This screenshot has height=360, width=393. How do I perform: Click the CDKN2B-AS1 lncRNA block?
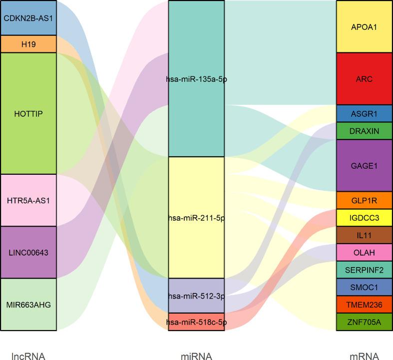click(28, 18)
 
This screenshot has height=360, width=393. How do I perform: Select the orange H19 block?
click(28, 44)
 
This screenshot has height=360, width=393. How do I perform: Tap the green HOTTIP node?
click(28, 113)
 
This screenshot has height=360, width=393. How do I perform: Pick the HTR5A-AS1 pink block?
click(28, 200)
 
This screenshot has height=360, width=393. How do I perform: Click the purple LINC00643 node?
click(28, 252)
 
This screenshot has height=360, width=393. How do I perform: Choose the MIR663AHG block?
click(28, 304)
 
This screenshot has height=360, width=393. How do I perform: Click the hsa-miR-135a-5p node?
click(196, 79)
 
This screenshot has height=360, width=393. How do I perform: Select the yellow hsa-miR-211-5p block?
click(196, 218)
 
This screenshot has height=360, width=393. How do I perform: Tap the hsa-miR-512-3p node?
click(196, 296)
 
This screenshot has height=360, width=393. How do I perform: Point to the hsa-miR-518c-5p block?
click(196, 322)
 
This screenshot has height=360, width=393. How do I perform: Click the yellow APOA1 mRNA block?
click(364, 26)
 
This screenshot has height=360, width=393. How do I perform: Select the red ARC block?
click(364, 79)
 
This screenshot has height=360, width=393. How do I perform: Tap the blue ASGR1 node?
click(364, 114)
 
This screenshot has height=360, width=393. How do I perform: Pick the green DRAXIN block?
click(364, 131)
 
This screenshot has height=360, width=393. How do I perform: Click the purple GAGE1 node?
click(364, 166)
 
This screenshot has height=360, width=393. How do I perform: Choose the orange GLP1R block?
click(364, 200)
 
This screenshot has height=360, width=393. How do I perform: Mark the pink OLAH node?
click(364, 252)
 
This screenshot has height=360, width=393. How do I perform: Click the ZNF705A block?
click(364, 322)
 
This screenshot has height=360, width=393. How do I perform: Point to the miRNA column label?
click(196, 356)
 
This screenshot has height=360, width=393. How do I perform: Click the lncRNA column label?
click(28, 356)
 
